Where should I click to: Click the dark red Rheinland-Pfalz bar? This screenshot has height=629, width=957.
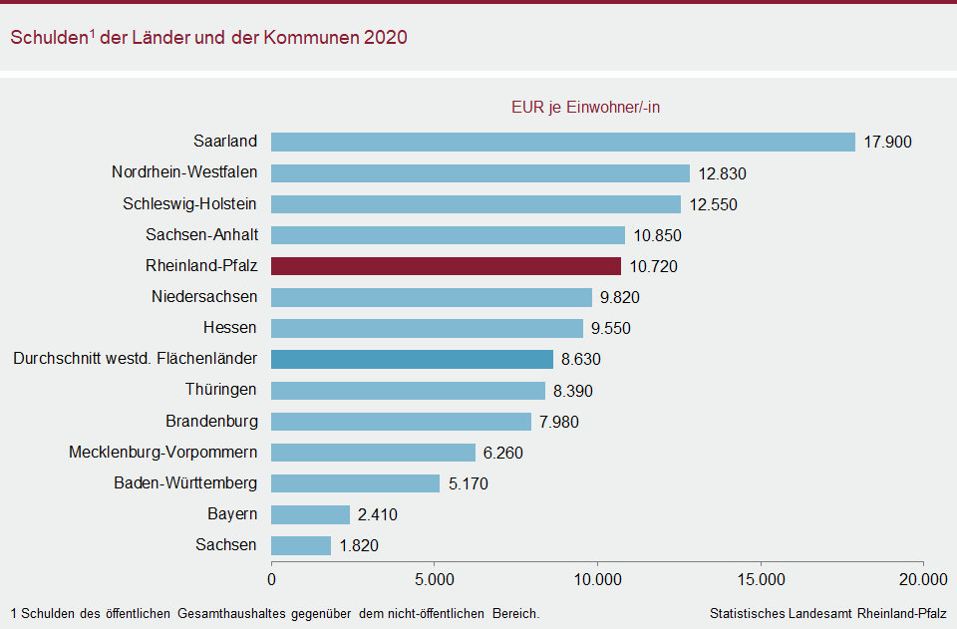(x=446, y=266)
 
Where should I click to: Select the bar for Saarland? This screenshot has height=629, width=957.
(x=563, y=142)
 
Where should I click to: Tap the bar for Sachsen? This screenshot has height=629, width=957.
(x=301, y=545)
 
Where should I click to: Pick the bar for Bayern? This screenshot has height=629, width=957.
(x=311, y=514)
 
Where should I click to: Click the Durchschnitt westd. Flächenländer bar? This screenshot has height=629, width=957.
(x=412, y=359)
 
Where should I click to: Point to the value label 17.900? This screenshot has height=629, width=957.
(x=887, y=142)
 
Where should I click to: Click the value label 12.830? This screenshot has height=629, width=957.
(x=722, y=173)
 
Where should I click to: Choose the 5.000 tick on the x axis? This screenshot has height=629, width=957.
(x=435, y=579)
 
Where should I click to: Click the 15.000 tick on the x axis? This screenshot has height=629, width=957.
(x=761, y=579)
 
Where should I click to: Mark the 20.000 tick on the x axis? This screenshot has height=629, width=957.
(x=923, y=579)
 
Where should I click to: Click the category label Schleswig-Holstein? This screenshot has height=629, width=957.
(x=189, y=204)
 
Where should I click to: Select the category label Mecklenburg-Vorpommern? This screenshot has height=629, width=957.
(x=162, y=453)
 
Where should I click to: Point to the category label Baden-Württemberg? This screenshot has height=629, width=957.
(x=185, y=483)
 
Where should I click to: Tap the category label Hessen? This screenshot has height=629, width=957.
(x=229, y=328)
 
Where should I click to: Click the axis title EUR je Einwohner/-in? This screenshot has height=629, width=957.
(x=586, y=108)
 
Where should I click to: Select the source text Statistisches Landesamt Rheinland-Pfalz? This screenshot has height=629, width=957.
(x=827, y=613)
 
